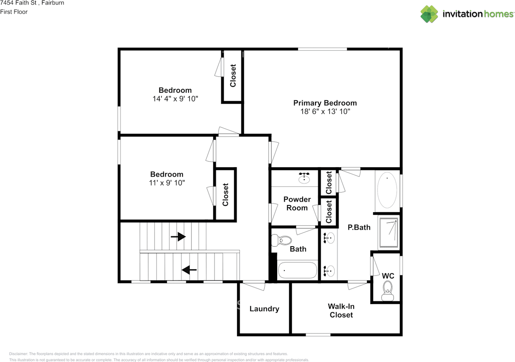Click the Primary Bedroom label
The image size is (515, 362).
325,103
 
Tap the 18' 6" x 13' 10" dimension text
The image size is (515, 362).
325,112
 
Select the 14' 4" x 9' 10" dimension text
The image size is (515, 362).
175,99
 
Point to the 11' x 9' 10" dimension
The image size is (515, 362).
167,183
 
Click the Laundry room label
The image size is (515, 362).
264,309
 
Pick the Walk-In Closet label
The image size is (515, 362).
341,311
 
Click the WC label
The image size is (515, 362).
388,276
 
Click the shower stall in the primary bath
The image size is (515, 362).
388,233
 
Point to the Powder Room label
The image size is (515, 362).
297,204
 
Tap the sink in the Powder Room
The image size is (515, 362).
304,178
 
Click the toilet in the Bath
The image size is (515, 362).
282,241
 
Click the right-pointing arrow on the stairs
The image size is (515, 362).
178,237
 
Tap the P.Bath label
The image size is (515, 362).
359,227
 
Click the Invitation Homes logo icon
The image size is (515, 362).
430,14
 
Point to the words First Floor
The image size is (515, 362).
14,12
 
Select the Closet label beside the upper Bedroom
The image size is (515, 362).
233,76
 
